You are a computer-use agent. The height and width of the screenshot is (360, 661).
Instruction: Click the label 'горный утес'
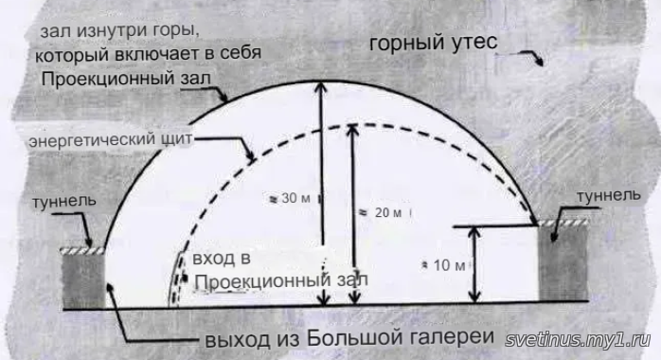click(433, 44)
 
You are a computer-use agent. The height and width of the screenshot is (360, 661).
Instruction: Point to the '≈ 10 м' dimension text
click(445, 265)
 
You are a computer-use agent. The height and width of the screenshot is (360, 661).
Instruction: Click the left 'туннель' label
click(64, 201)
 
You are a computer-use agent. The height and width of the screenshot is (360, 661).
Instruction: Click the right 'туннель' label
click(608, 195)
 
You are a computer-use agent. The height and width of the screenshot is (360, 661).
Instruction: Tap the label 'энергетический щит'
click(111, 139)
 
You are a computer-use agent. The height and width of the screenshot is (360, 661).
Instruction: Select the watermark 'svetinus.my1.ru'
click(578, 339)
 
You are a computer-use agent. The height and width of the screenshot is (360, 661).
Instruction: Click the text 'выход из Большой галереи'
click(349, 338)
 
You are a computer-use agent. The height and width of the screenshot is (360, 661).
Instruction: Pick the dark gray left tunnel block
click(83, 280)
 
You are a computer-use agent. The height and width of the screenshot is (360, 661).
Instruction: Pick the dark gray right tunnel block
click(563, 263)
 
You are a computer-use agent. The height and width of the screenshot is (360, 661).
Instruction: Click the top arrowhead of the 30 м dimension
click(322, 86)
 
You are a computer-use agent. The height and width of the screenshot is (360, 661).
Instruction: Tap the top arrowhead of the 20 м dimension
click(353, 130)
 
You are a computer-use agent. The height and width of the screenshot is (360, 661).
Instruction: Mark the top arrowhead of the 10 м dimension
click(475, 233)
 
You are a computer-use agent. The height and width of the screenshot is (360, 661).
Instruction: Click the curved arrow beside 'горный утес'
click(527, 57)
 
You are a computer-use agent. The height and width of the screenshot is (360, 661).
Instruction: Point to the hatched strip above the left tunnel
click(82, 251)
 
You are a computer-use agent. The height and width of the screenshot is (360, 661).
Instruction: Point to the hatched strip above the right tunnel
click(563, 223)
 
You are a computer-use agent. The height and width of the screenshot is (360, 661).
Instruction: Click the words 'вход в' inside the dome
click(222, 258)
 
